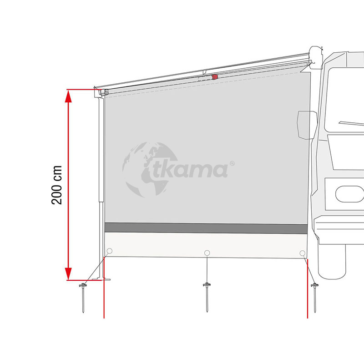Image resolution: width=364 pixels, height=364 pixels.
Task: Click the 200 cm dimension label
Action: click(57, 185)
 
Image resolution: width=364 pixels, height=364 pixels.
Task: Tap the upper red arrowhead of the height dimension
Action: click(68, 96)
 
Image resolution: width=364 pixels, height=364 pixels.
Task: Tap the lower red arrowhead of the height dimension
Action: click(68, 273)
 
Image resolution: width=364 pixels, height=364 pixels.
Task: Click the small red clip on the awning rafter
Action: click(215, 77)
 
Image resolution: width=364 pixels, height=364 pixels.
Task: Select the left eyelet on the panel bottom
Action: click(109, 251)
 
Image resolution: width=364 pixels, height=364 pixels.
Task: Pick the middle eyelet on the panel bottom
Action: click(207, 253)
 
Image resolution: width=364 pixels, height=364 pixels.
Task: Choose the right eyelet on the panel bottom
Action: click(303, 253)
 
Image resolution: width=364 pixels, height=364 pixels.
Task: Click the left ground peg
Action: click(83, 298)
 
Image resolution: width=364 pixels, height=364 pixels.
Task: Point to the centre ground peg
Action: click(207, 297)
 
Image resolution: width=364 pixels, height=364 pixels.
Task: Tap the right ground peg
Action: click(315, 298)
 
